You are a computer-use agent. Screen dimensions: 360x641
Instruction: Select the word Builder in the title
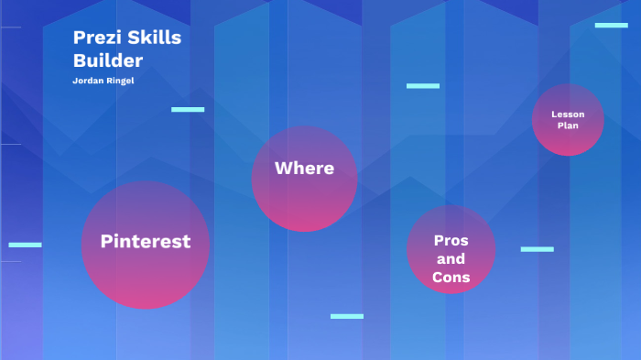point(108,60)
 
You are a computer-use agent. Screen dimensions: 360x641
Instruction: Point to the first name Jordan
point(88,81)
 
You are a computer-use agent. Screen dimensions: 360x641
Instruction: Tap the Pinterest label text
point(146,241)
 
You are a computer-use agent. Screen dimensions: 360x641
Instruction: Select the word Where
point(304,169)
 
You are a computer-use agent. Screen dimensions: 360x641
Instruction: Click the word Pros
point(451,240)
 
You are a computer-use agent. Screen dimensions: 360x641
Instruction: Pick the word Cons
point(451,278)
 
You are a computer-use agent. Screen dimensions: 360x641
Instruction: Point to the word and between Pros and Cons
point(451,259)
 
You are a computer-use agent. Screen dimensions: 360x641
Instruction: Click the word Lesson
point(568,115)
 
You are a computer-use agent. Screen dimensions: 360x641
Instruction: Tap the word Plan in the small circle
point(568,125)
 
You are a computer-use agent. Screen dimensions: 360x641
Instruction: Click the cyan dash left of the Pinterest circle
point(25,245)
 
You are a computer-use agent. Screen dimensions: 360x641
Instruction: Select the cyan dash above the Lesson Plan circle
point(611,25)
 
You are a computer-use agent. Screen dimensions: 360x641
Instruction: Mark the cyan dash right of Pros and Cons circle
point(537,249)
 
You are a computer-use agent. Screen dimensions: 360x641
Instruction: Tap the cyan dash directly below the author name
point(188,109)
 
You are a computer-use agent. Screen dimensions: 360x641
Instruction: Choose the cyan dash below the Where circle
point(347,316)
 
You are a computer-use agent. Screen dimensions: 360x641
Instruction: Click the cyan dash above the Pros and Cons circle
point(423,86)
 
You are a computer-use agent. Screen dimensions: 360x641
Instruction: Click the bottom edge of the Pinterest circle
point(146,308)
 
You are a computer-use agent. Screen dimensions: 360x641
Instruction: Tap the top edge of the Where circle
point(304,126)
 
